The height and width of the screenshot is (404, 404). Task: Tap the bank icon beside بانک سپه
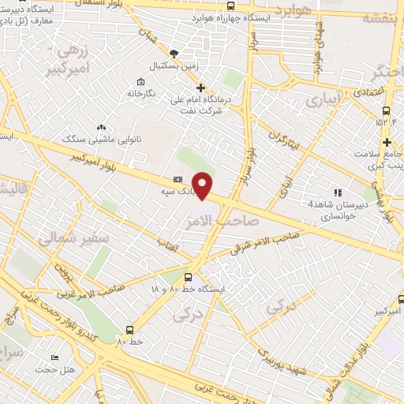click(x=178, y=180)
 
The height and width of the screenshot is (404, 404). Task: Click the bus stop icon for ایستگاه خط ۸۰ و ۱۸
click(x=188, y=277)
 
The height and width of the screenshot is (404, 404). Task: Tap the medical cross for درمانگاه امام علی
click(x=201, y=88)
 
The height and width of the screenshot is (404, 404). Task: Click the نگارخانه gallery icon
click(x=140, y=82)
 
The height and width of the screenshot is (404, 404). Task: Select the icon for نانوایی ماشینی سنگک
click(x=101, y=127)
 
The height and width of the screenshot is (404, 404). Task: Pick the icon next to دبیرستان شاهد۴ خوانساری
click(x=339, y=192)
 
